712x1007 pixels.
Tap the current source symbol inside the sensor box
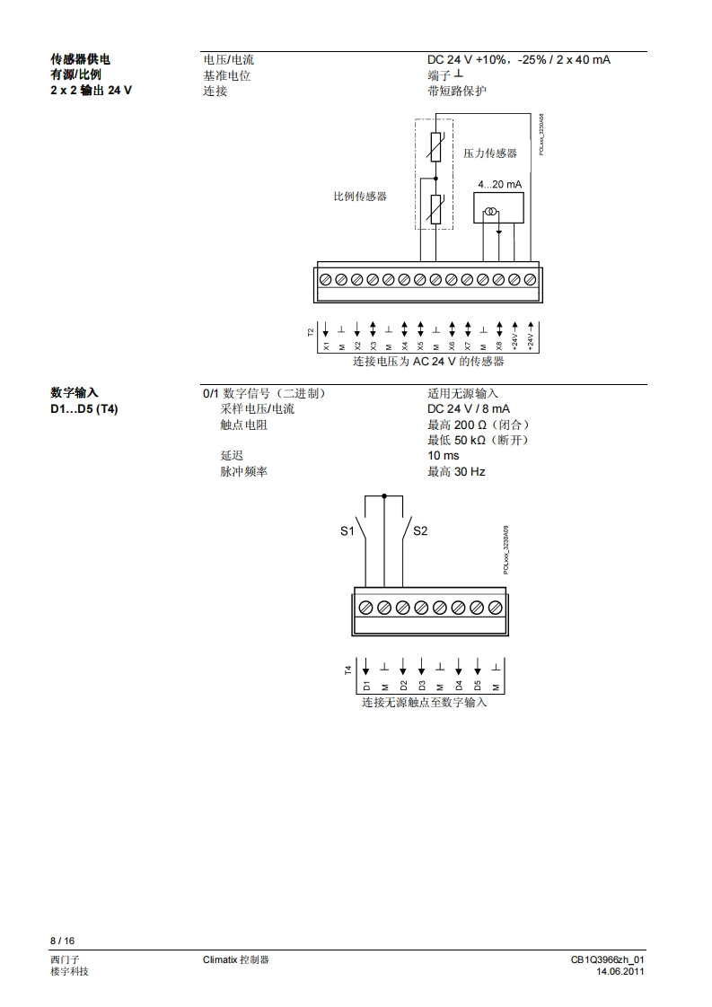[x=491, y=213]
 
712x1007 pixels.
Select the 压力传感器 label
[x=490, y=153]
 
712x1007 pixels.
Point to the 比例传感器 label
[x=360, y=196]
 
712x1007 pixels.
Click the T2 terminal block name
[x=312, y=332]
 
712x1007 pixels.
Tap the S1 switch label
[x=347, y=531]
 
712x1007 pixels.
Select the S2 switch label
[x=420, y=531]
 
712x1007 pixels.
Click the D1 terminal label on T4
[x=366, y=685]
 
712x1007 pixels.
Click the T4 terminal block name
[x=348, y=669]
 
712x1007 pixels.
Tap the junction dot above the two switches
[x=384, y=495]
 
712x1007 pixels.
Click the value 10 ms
[x=443, y=455]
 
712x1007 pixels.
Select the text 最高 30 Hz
[x=456, y=470]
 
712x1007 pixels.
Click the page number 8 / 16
[x=62, y=941]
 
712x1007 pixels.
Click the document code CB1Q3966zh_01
[x=607, y=959]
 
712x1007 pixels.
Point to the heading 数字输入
[x=75, y=393]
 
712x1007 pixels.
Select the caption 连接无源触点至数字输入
[x=425, y=703]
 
